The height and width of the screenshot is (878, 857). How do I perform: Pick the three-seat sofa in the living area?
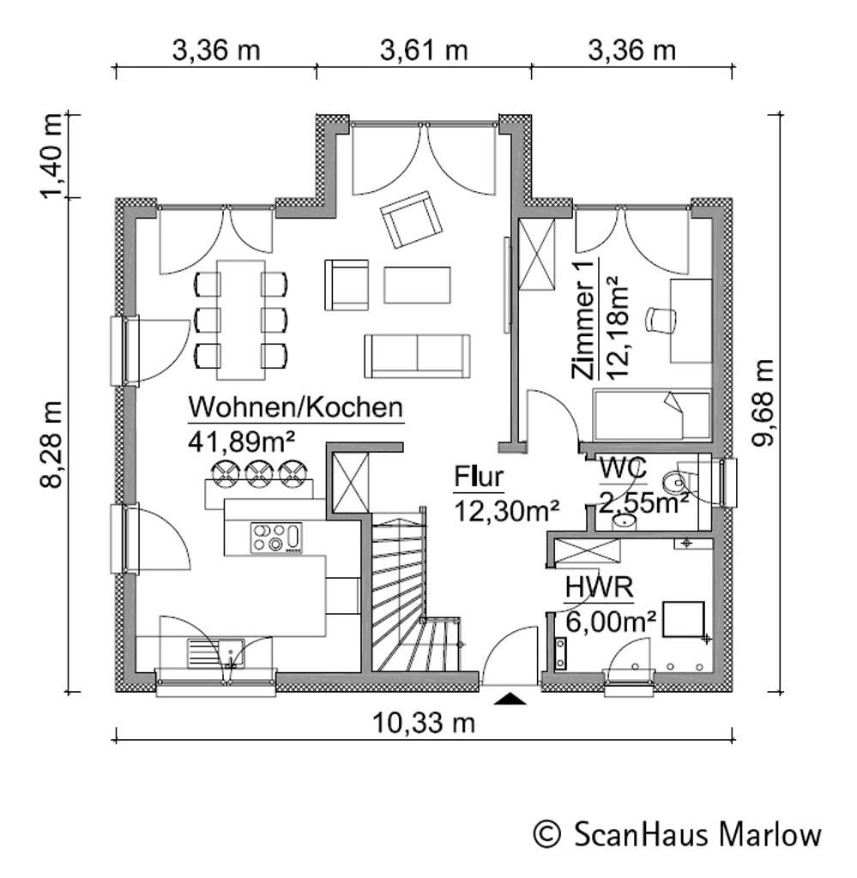417,355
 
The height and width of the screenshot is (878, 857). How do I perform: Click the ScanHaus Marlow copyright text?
677,833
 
